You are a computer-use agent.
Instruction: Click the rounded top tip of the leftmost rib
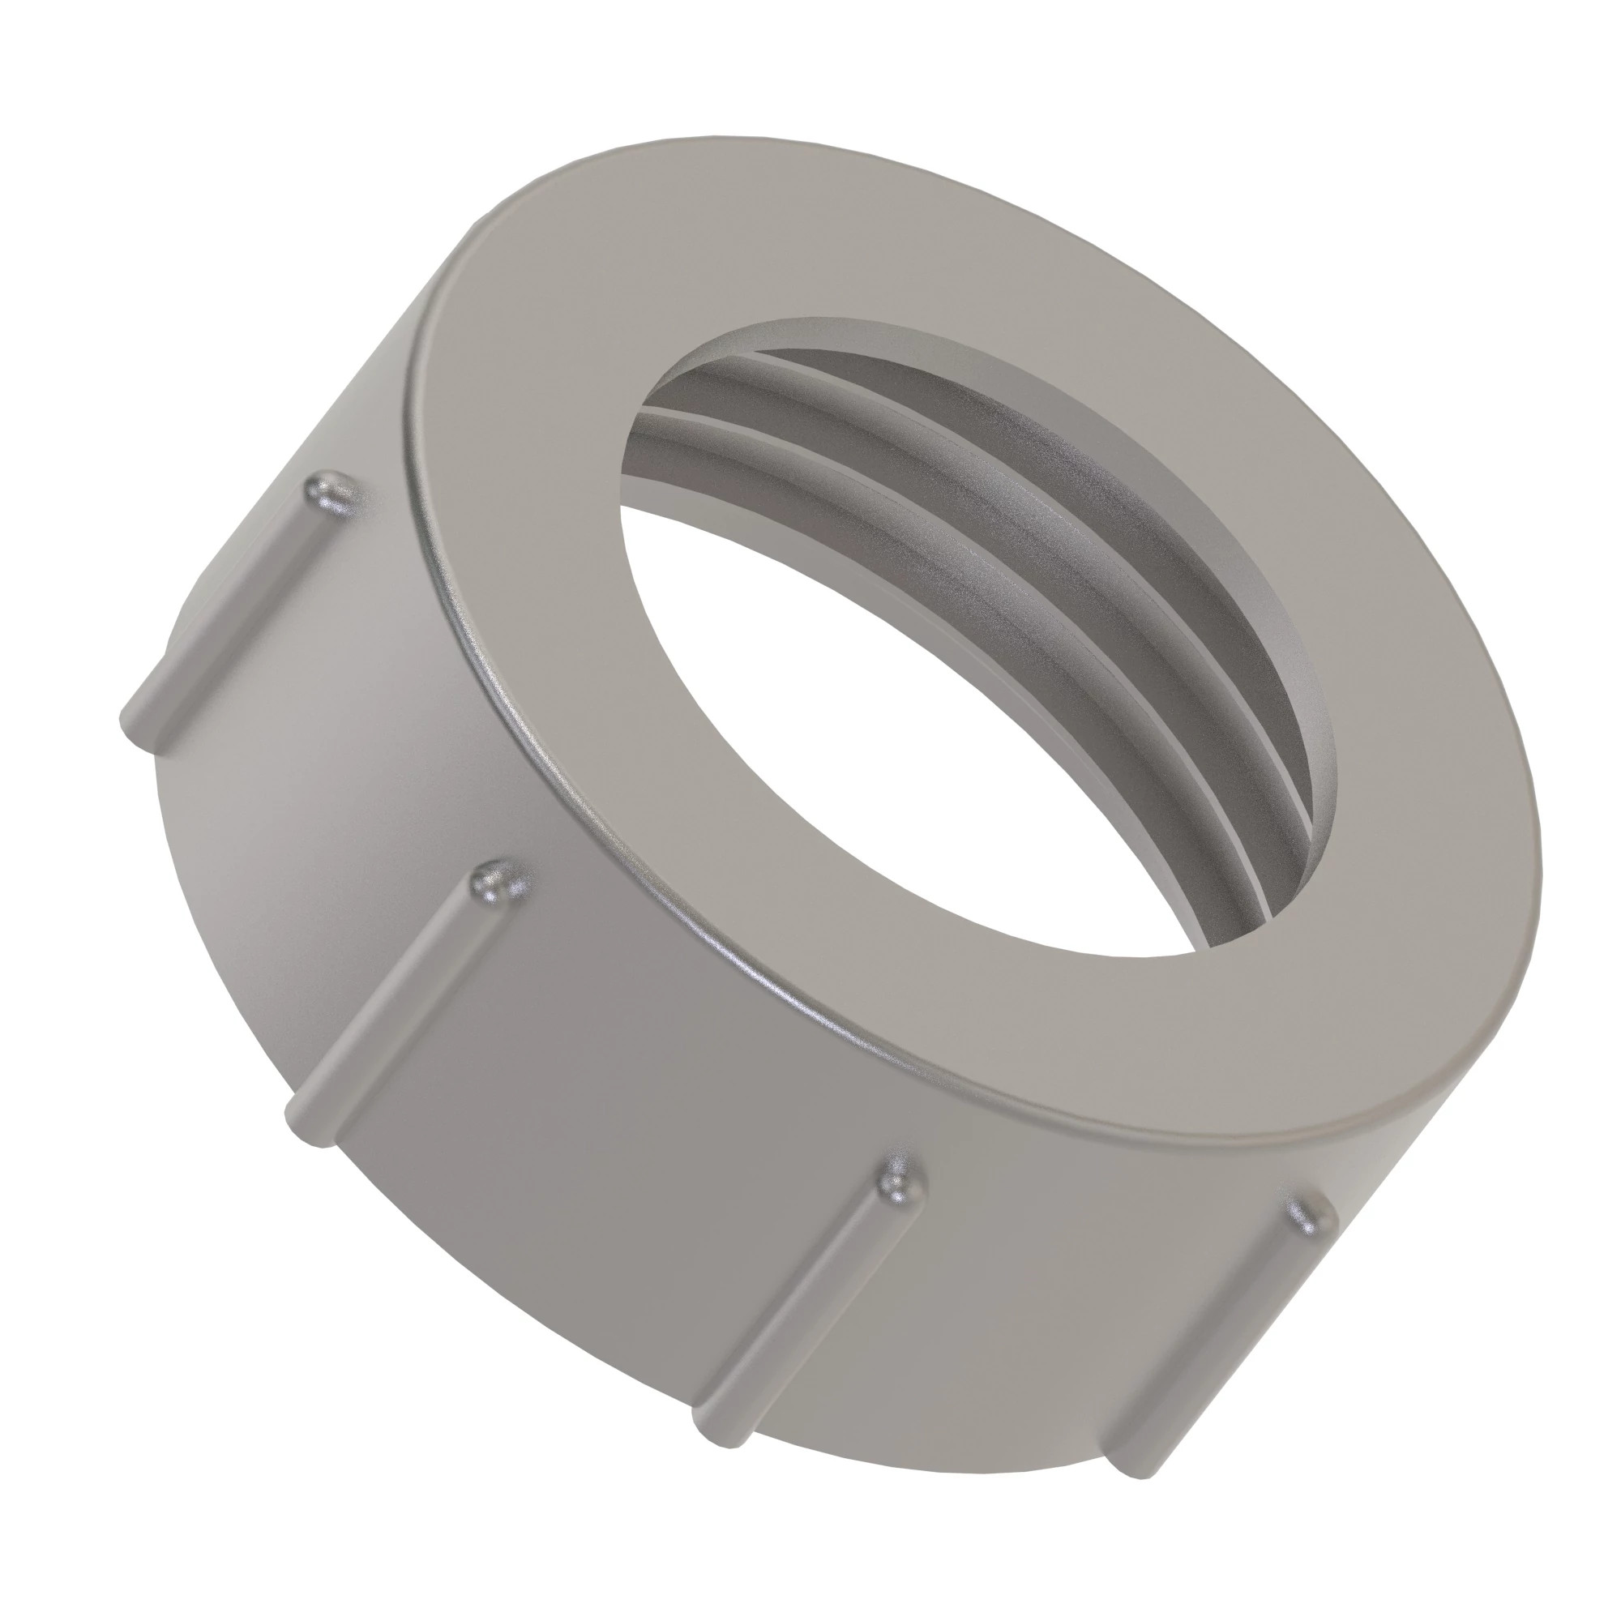[329, 491]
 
